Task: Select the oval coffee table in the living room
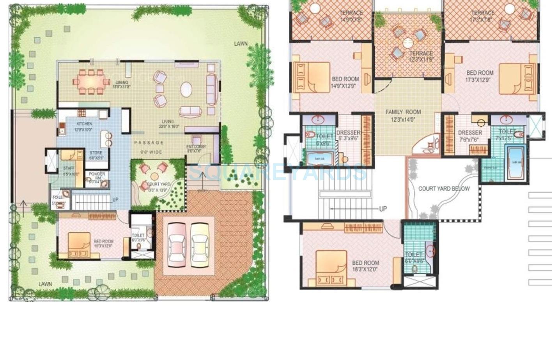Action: click(186, 90)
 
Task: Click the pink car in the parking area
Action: click(178, 244)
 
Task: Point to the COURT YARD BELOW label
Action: click(444, 189)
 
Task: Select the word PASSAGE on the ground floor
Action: click(149, 143)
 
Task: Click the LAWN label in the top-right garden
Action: click(241, 44)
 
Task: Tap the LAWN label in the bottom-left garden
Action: click(45, 284)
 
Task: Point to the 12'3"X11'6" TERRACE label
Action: click(421, 56)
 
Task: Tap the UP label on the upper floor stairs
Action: click(383, 209)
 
